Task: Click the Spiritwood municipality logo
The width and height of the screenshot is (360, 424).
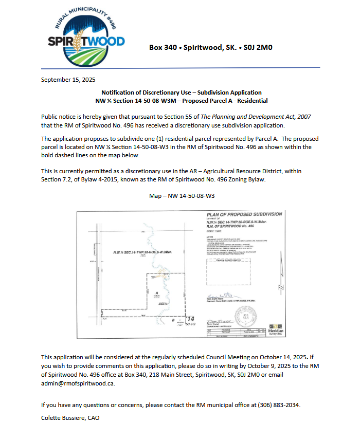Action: click(x=86, y=39)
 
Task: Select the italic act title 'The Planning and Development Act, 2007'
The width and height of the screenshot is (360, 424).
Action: click(x=250, y=117)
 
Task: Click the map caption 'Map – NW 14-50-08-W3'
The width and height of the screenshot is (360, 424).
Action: click(x=181, y=196)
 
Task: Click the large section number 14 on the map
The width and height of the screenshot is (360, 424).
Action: click(x=190, y=319)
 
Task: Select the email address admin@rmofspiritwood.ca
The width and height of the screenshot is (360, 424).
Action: click(x=78, y=383)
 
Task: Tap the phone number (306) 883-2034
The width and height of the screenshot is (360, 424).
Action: click(x=275, y=405)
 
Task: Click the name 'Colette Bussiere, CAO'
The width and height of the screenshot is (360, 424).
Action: click(x=70, y=418)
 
